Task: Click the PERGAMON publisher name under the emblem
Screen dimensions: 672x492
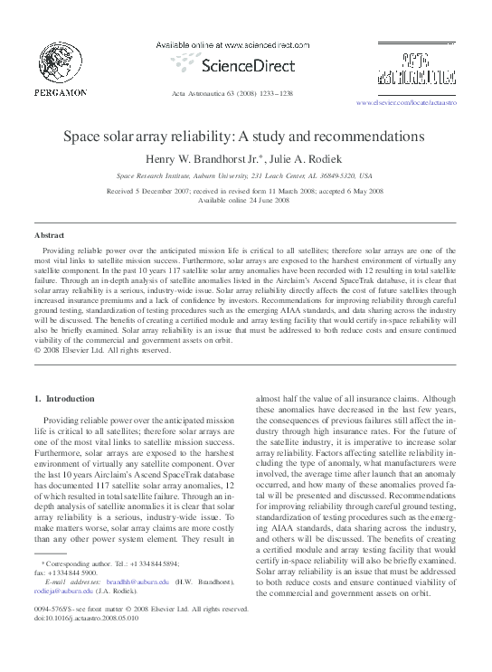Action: click(x=61, y=92)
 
